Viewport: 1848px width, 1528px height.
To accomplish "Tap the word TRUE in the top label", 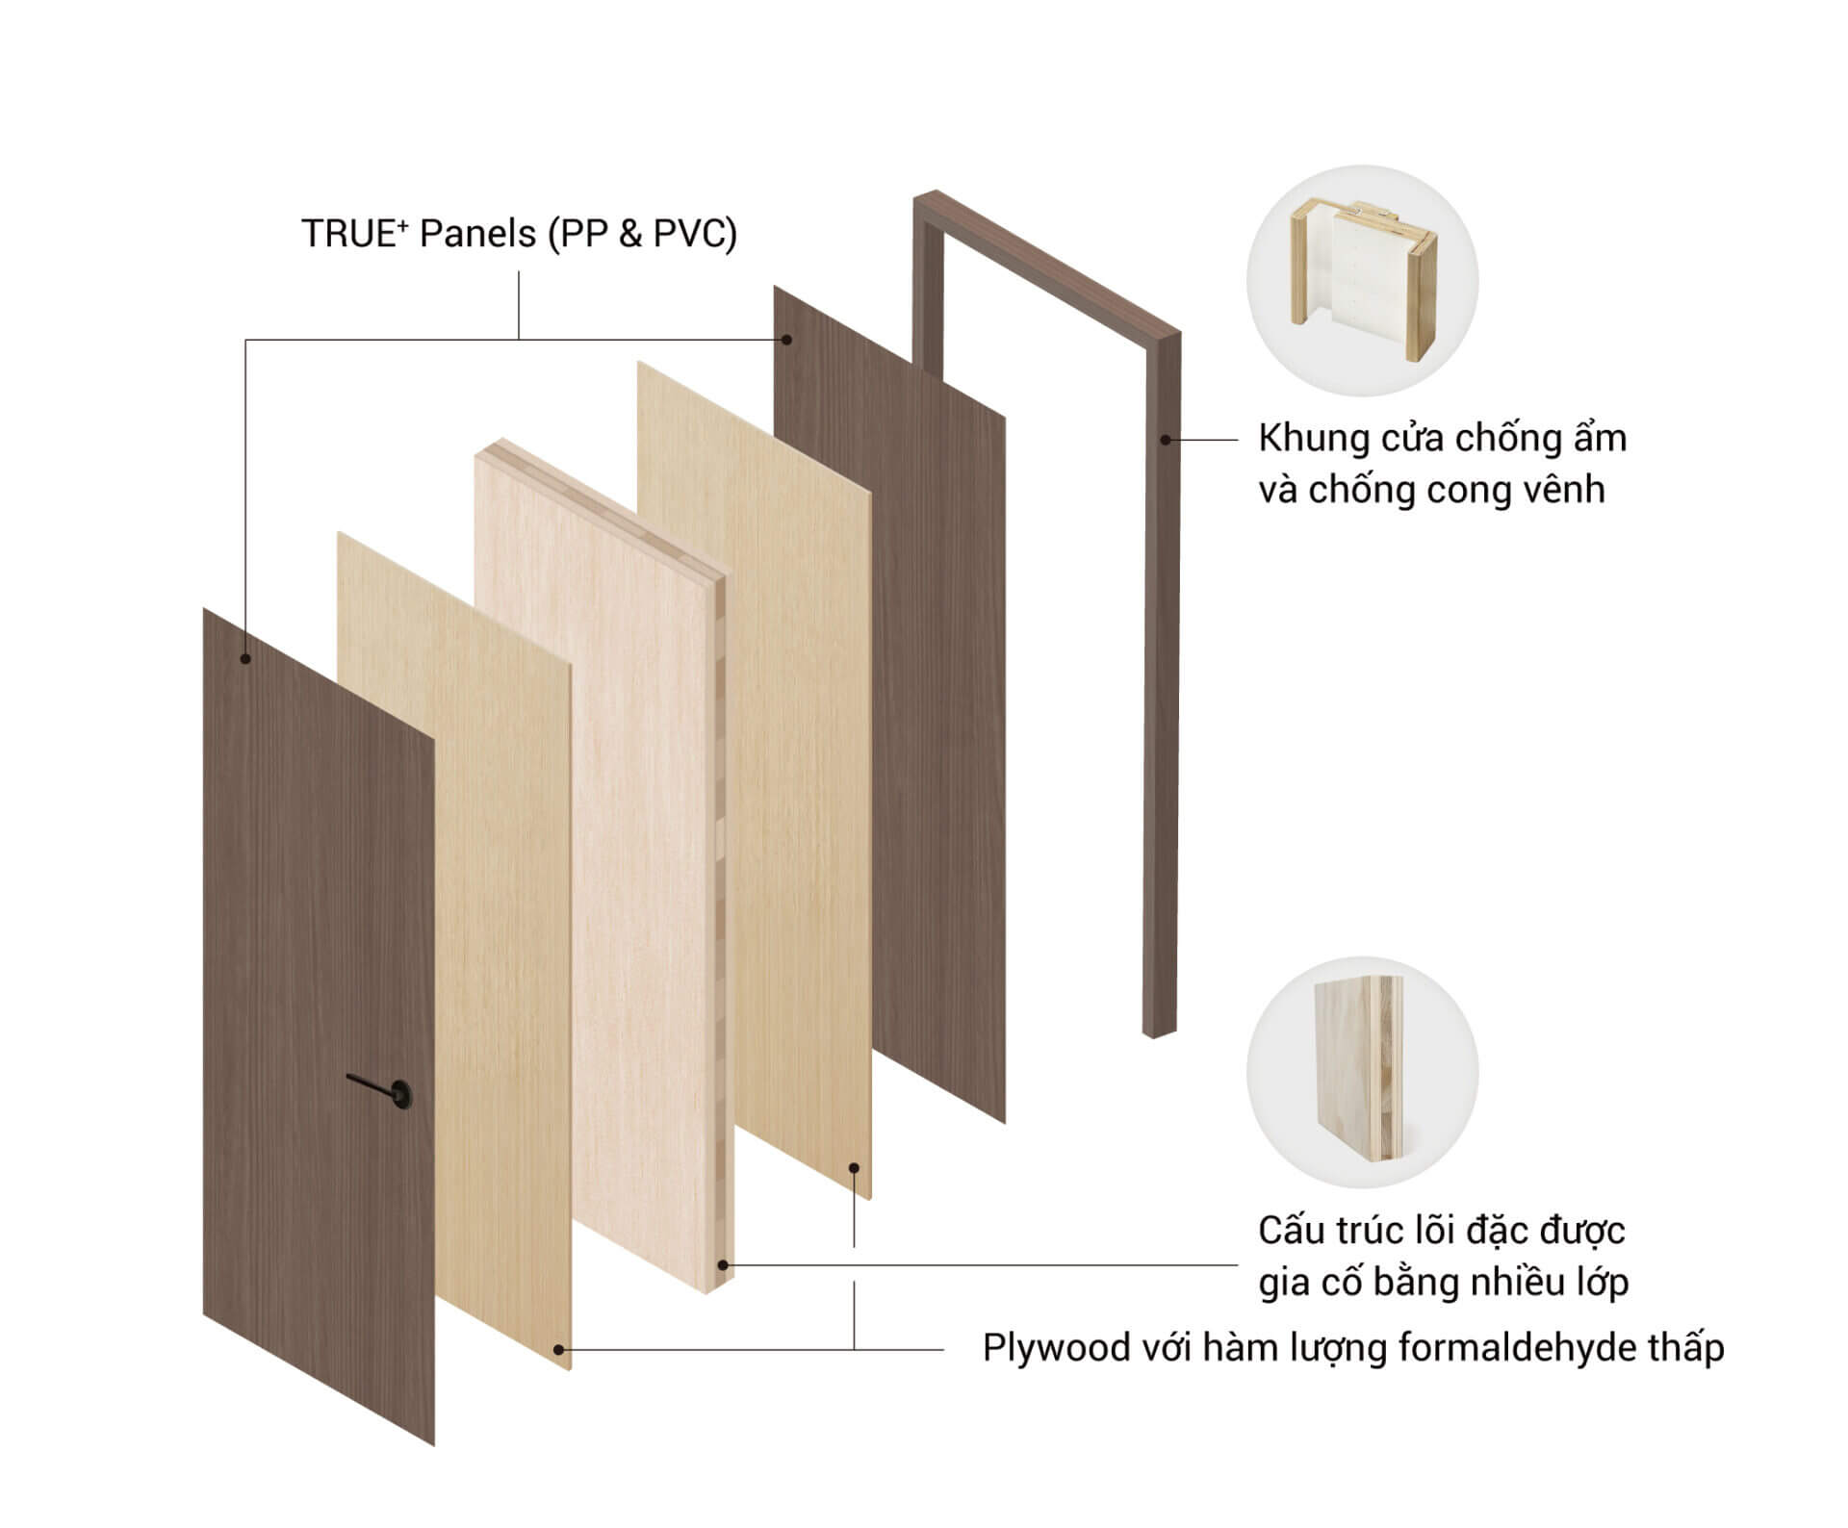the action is [348, 234].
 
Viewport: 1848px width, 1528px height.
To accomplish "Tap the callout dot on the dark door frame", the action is [1166, 440].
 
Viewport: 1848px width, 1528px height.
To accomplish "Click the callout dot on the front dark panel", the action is [245, 659].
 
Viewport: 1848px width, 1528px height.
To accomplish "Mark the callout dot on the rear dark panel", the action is [786, 340].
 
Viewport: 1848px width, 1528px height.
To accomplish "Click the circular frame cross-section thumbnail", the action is [1362, 280].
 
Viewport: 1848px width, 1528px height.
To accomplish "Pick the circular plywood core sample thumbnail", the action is [1362, 1071].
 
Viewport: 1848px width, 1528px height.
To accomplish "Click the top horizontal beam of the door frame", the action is [1047, 262].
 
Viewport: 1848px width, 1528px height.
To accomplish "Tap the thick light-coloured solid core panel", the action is [604, 866].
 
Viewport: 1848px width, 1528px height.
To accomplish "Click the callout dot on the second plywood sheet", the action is [854, 1168].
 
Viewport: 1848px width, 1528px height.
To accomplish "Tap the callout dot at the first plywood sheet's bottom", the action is [558, 1350].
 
